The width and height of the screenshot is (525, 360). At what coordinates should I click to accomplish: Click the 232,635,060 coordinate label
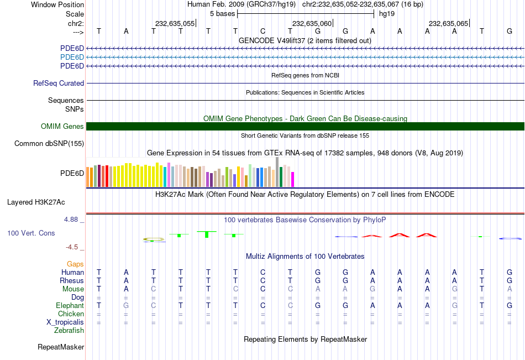pyautogui.click(x=312, y=23)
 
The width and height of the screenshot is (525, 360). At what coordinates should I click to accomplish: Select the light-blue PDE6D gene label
pyautogui.click(x=72, y=58)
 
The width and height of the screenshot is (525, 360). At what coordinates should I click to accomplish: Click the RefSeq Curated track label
pyautogui.click(x=59, y=84)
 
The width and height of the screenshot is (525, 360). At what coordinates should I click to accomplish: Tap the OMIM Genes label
pyautogui.click(x=62, y=127)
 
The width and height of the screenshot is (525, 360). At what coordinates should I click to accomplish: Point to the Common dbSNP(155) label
pyautogui.click(x=50, y=144)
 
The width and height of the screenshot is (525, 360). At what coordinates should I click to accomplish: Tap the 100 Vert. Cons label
pyautogui.click(x=31, y=233)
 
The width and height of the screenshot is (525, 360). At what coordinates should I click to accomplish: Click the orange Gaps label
pyautogui.click(x=76, y=264)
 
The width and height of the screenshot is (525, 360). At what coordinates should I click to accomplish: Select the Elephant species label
pyautogui.click(x=70, y=306)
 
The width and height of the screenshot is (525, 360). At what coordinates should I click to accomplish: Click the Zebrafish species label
pyautogui.click(x=69, y=331)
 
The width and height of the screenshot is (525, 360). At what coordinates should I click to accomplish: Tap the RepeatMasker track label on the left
pyautogui.click(x=61, y=347)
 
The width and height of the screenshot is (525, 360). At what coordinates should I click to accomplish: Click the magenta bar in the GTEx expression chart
pyautogui.click(x=292, y=179)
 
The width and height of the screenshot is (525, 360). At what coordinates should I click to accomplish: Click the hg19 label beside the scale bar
pyautogui.click(x=386, y=14)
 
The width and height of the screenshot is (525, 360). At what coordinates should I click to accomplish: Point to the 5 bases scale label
pyautogui.click(x=222, y=14)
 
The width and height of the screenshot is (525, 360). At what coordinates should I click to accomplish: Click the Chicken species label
pyautogui.click(x=70, y=314)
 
